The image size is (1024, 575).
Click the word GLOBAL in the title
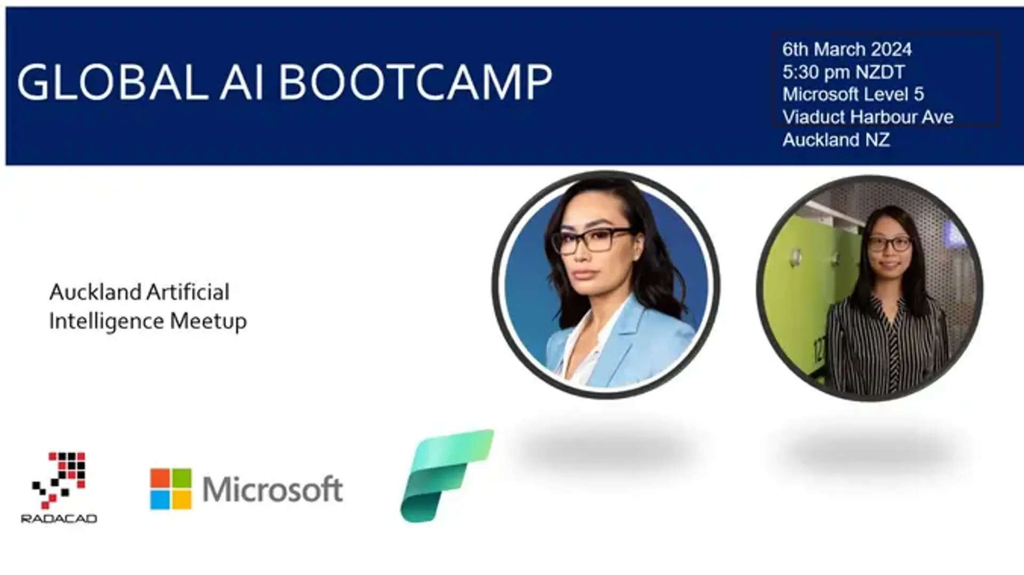[x=113, y=83]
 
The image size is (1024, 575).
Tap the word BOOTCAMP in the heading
[x=415, y=83]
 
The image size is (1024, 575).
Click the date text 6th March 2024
[x=847, y=50]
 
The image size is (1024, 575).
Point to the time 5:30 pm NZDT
[x=844, y=72]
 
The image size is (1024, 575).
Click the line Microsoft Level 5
[x=853, y=94]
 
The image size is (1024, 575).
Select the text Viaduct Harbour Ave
[x=868, y=117]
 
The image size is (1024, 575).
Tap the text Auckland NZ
[x=836, y=140]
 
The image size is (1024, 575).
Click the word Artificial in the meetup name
[x=188, y=292]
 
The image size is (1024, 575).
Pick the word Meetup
[x=208, y=321]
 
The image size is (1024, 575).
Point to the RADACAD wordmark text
[x=59, y=519]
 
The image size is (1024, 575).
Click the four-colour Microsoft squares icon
[x=171, y=489]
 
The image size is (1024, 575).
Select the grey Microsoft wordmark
[x=273, y=489]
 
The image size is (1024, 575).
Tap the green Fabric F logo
[x=447, y=476]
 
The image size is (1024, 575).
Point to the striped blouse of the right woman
[x=885, y=346]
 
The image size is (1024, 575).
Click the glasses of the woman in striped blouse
[x=890, y=244]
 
